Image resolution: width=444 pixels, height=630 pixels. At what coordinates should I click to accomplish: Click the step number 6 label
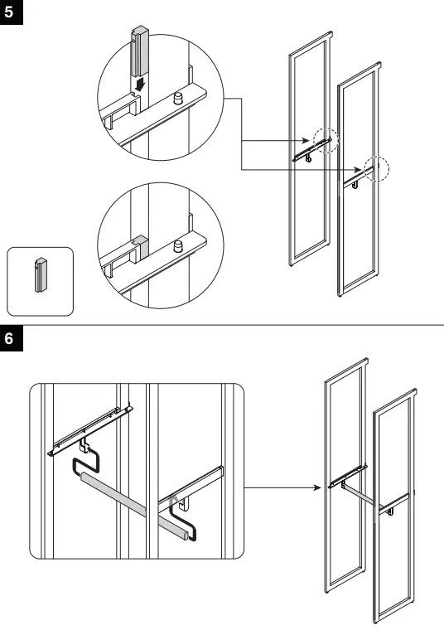pyautogui.click(x=11, y=339)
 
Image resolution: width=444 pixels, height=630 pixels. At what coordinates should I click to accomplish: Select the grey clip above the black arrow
pyautogui.click(x=138, y=49)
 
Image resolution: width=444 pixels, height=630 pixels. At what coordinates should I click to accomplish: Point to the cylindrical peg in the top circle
pyautogui.click(x=176, y=98)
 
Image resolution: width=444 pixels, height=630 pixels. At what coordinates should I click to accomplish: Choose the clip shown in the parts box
pyautogui.click(x=39, y=274)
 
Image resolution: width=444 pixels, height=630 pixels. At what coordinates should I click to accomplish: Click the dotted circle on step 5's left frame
pyautogui.click(x=326, y=140)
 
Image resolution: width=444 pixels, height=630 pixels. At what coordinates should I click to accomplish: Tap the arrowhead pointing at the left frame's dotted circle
pyautogui.click(x=310, y=141)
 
